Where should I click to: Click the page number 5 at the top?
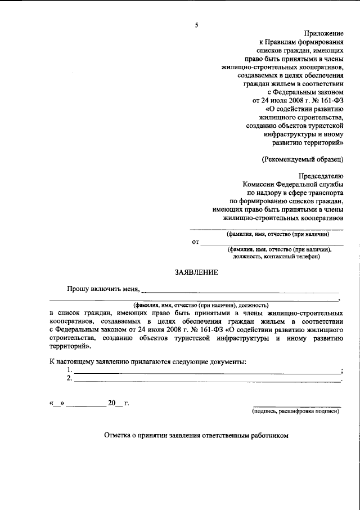[x=196, y=24]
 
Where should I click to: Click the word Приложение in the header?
[x=323, y=34]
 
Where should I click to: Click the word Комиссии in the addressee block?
[x=257, y=184]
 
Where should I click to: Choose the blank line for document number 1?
[x=207, y=373]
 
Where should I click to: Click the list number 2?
[x=69, y=379]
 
